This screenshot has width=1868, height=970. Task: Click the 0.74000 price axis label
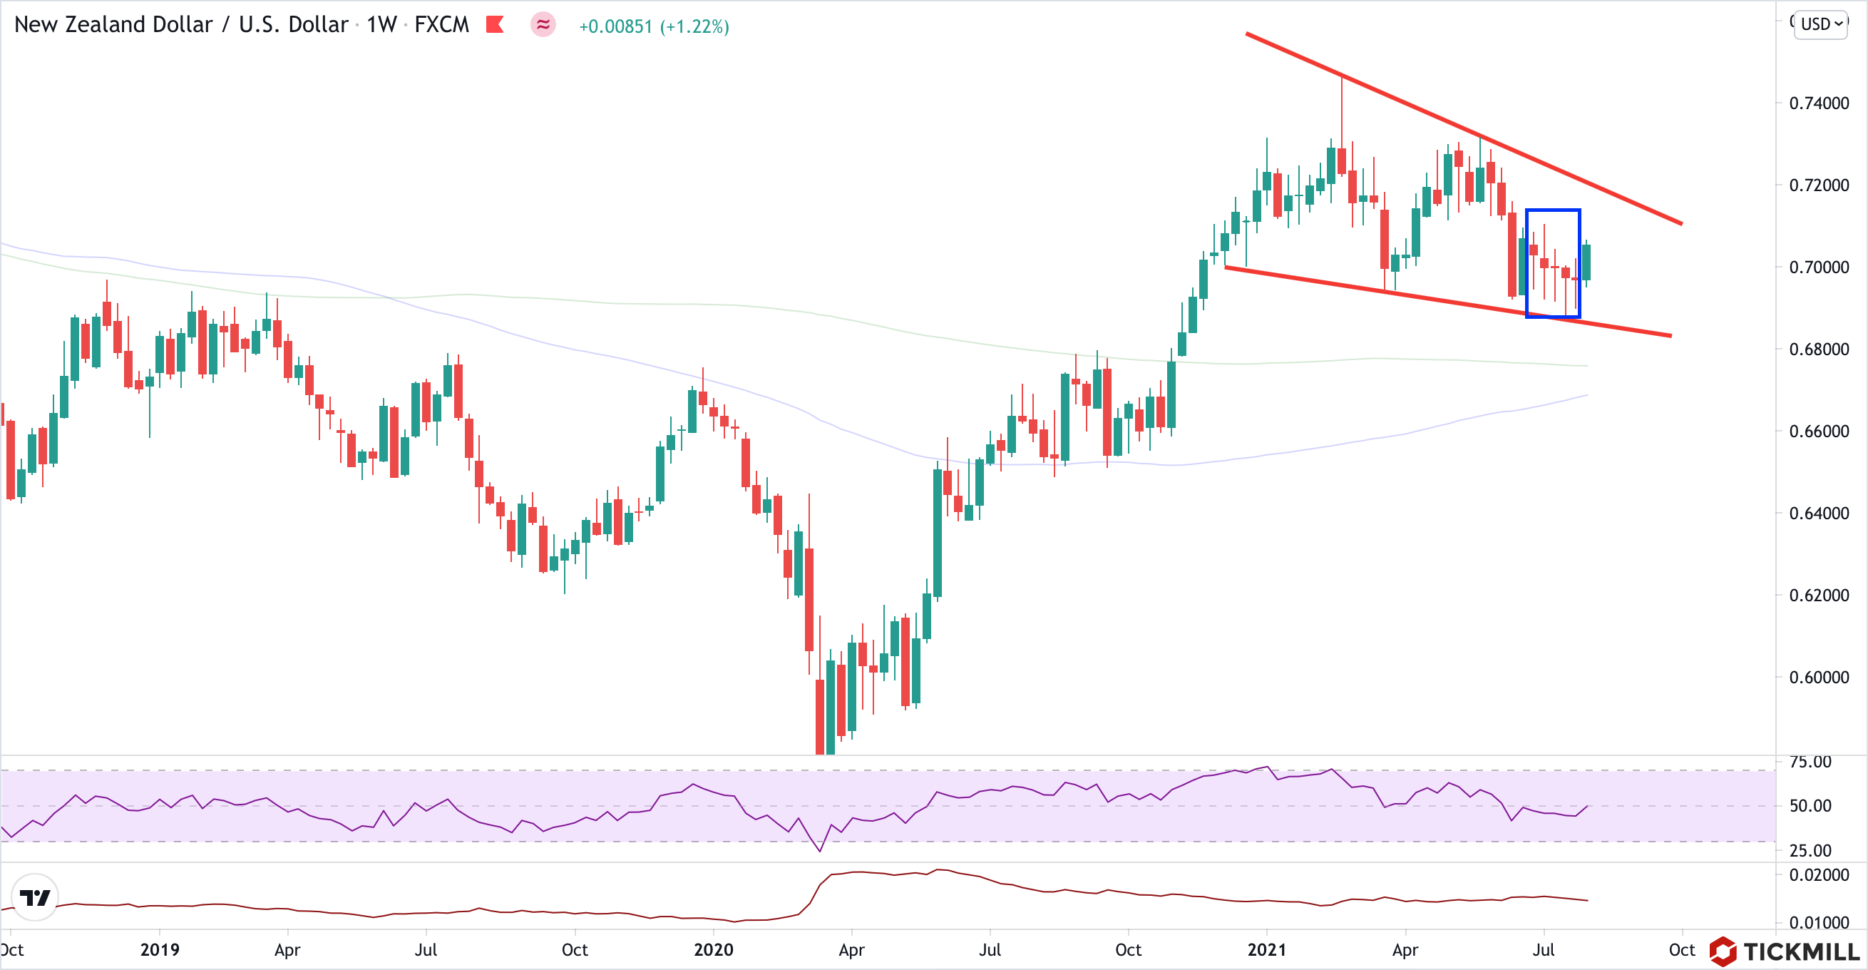click(x=1819, y=103)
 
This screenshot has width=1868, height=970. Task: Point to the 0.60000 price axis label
click(x=1819, y=677)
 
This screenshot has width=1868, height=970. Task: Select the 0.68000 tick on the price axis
click(x=1819, y=349)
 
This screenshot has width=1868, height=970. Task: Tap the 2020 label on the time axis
click(x=713, y=950)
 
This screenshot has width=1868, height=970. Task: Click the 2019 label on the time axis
click(x=160, y=950)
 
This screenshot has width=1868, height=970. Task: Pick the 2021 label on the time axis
click(x=1266, y=950)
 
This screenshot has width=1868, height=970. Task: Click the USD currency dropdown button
click(x=1821, y=25)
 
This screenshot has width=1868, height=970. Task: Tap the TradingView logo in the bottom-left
click(x=35, y=897)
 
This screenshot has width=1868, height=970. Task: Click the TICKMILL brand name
click(x=1801, y=951)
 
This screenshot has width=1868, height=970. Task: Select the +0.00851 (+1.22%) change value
click(x=653, y=27)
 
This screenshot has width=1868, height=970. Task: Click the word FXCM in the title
click(x=441, y=25)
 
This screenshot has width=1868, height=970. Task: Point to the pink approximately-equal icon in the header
click(x=543, y=25)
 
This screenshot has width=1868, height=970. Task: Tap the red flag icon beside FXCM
click(x=496, y=25)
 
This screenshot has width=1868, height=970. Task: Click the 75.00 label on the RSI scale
click(x=1810, y=762)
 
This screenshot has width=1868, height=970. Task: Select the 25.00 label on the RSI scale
click(x=1810, y=850)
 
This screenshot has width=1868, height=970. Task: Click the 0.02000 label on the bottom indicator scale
click(x=1819, y=875)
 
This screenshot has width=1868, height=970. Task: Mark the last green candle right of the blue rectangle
click(x=1586, y=262)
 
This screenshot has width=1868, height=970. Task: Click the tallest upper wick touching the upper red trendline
click(x=1343, y=109)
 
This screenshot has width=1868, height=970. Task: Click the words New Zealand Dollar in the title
click(x=113, y=25)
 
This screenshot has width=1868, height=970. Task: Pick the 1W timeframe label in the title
click(x=381, y=25)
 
